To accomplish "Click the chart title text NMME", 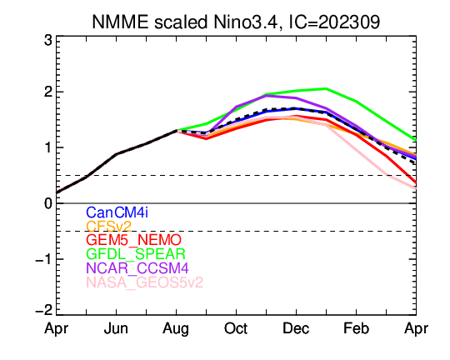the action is click(120, 22).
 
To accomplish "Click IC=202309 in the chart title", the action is click(334, 22).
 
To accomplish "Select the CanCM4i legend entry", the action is click(117, 212).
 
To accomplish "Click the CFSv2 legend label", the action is click(109, 226).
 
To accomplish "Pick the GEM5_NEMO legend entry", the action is click(133, 240).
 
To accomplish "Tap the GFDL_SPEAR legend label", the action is click(136, 254).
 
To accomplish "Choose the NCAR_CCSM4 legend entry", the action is click(137, 268).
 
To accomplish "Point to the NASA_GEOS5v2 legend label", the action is click(145, 282).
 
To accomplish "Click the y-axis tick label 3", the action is click(48, 41).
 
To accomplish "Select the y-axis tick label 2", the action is click(48, 92).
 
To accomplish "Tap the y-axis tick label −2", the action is click(44, 310).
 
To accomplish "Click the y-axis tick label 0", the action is click(48, 203).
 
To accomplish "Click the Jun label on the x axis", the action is click(116, 328).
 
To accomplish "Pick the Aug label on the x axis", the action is click(176, 329).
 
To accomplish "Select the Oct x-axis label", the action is click(236, 328).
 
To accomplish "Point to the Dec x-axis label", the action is click(296, 328).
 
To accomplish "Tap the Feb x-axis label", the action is click(356, 328).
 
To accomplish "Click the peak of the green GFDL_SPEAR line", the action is click(326, 88).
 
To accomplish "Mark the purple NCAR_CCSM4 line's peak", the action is click(267, 95).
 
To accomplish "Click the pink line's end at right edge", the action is click(416, 188).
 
